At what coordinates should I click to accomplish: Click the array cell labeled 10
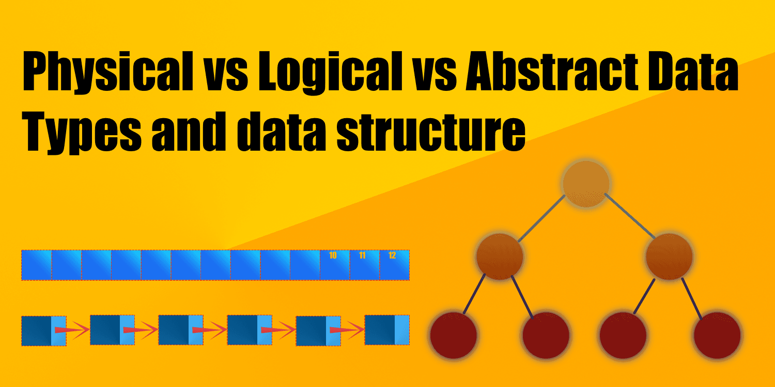[334, 265]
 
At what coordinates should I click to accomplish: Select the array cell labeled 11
[364, 265]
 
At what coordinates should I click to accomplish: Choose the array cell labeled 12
[394, 265]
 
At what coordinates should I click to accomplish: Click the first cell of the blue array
[36, 265]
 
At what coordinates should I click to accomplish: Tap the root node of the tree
[586, 183]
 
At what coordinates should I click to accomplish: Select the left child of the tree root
[500, 256]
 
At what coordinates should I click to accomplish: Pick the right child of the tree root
[669, 256]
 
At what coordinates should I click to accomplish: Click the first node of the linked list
[43, 331]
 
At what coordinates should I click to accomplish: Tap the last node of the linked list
[387, 330]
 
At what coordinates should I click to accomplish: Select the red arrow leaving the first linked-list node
[78, 330]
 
